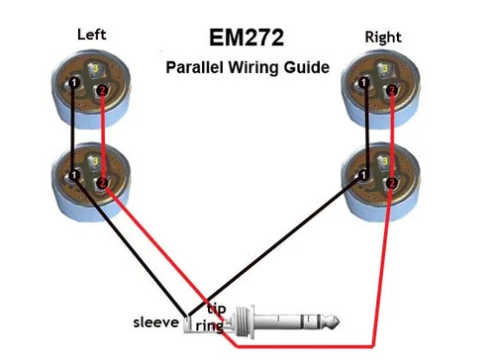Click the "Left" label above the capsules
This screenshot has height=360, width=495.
coord(92,35)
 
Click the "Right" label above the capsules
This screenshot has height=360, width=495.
coord(382,37)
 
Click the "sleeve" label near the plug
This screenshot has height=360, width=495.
coord(156,322)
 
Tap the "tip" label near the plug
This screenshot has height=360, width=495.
coord(216,308)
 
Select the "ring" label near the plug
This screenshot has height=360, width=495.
coord(209,325)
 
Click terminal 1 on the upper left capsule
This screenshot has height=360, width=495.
coord(73,82)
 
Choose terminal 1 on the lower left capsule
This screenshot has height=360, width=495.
coord(73,175)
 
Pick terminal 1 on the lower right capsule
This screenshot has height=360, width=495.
coord(361,174)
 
